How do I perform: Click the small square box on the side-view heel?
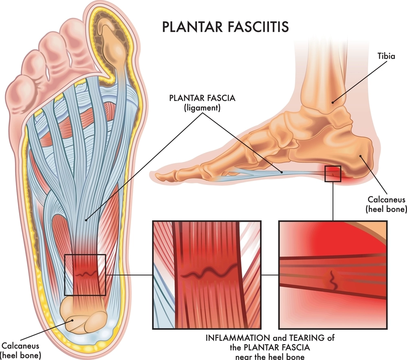pyautogui.click(x=332, y=174)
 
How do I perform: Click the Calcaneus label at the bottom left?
pyautogui.click(x=20, y=346)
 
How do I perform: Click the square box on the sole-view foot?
pyautogui.click(x=85, y=275)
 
